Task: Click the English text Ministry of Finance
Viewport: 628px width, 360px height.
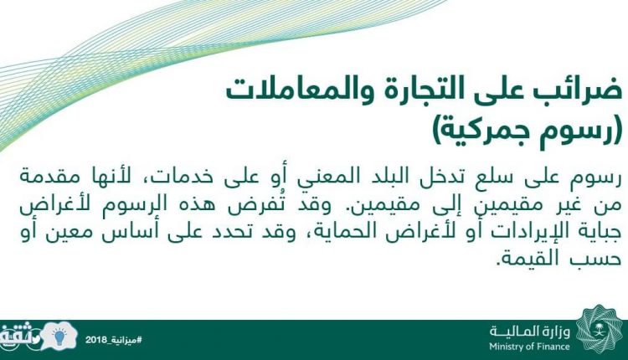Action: click(x=529, y=346)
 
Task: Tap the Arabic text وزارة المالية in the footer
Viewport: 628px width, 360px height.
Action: click(x=530, y=332)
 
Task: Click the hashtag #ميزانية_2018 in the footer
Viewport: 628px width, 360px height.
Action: click(x=114, y=340)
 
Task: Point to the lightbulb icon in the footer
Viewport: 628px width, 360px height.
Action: click(x=59, y=337)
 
